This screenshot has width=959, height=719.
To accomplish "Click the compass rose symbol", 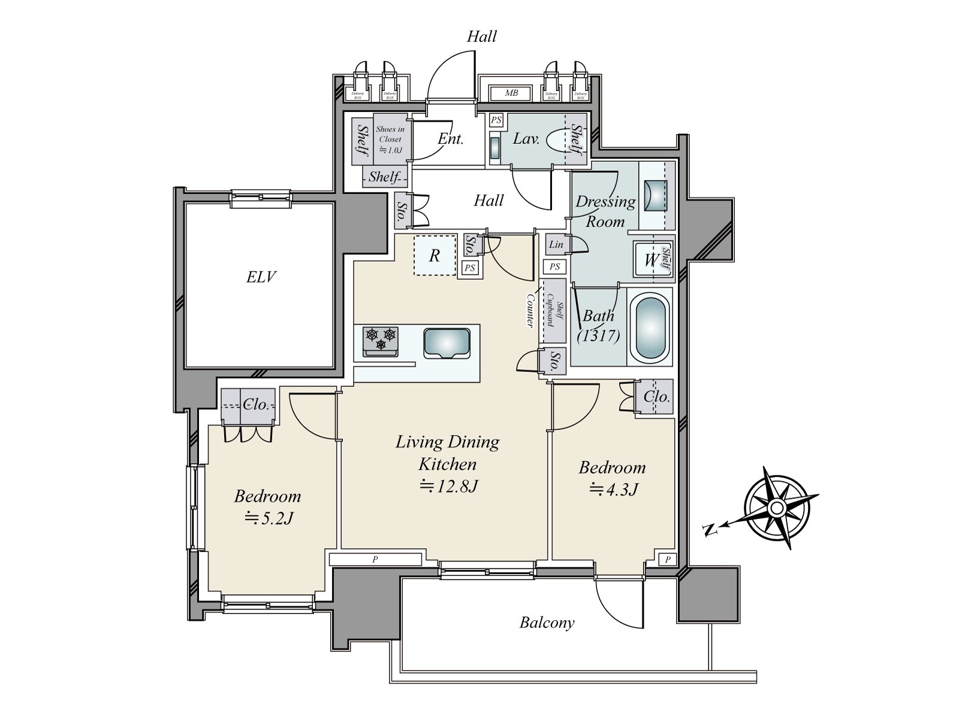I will coord(777,508).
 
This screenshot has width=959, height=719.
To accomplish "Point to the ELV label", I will coord(261,277).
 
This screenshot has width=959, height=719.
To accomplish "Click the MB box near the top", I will coord(511,93).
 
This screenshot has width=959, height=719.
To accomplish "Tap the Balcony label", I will coord(547,623).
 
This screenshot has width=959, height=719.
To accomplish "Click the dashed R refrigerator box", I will coord(435,256).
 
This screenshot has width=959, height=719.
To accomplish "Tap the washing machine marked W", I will coord(650,260).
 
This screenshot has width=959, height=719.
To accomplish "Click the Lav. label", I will coord(526,139).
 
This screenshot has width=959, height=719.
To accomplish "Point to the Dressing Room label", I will coord(605,211).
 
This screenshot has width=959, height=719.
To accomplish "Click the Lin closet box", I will coord(556,244).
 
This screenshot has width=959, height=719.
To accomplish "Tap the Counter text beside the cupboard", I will coord(530,310).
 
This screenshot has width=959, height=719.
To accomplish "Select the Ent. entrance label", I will coord(451,139).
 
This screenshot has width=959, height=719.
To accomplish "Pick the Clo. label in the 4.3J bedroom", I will coord(656,397).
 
